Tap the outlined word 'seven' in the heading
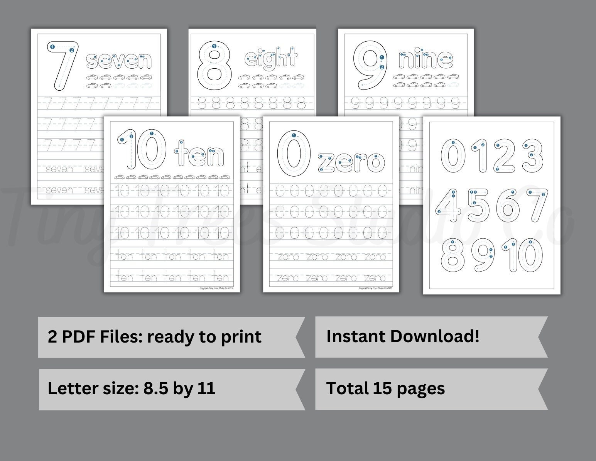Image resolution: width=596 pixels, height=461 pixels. [118, 61]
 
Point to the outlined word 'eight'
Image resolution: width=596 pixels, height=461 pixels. [271, 59]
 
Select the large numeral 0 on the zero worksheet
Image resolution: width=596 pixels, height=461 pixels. [294, 154]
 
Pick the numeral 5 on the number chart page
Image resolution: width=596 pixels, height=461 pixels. [478, 206]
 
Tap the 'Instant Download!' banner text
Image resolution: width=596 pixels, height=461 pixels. [403, 336]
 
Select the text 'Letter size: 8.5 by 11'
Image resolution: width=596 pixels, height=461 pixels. [132, 388]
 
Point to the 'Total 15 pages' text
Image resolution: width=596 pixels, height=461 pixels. [385, 388]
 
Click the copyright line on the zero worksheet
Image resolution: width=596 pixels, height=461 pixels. [375, 288]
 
